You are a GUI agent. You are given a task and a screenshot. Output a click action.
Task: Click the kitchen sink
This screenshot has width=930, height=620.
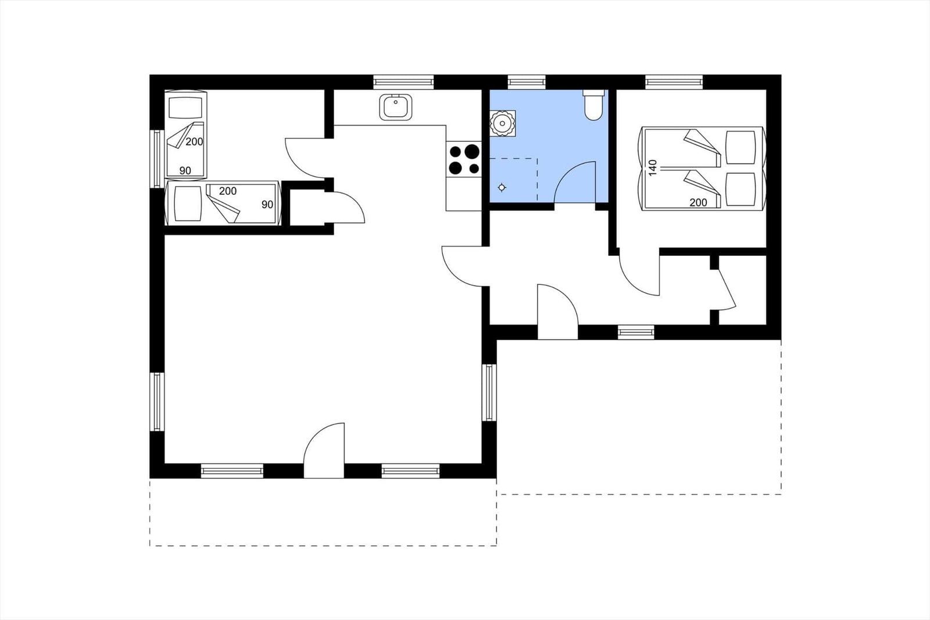pyautogui.click(x=396, y=107)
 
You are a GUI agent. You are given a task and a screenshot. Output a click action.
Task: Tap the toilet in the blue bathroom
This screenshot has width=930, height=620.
pyautogui.click(x=593, y=105)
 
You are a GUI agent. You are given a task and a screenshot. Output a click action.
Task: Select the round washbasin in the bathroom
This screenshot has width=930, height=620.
pyautogui.click(x=502, y=123)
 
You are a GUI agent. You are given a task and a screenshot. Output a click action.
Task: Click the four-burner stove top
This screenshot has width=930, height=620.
pyautogui.click(x=464, y=159)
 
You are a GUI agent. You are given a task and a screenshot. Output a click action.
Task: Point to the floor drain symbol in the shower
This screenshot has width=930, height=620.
pyautogui.click(x=502, y=188)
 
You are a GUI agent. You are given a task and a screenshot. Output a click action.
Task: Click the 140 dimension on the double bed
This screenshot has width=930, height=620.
pyautogui.click(x=653, y=168)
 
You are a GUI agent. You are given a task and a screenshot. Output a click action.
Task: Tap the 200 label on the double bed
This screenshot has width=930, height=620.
pyautogui.click(x=698, y=203)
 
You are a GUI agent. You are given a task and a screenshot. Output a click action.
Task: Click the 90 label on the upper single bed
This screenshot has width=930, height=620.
pyautogui.click(x=185, y=171)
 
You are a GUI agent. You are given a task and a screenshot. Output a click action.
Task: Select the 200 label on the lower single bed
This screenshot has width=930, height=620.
pyautogui.click(x=227, y=191)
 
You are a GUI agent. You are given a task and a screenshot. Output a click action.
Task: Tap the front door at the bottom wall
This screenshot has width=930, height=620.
pyautogui.click(x=324, y=450)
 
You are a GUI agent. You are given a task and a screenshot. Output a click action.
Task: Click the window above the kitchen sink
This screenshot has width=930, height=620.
pyautogui.click(x=403, y=82)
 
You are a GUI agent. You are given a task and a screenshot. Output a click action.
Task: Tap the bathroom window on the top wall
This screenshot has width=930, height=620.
pyautogui.click(x=527, y=82)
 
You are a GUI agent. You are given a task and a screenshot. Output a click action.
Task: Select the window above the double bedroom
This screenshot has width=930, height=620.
pyautogui.click(x=674, y=82)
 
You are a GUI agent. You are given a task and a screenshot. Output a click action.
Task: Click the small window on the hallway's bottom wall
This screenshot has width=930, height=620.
pyautogui.click(x=636, y=333)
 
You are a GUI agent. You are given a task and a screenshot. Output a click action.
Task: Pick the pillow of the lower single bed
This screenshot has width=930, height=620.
pyautogui.click(x=188, y=204)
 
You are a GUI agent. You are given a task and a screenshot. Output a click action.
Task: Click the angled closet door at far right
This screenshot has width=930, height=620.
pyautogui.click(x=727, y=289)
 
